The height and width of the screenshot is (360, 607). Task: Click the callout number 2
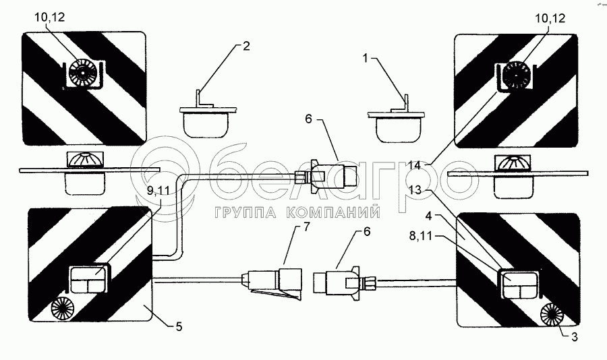[247, 47]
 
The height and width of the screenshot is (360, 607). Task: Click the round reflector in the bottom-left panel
[63, 309]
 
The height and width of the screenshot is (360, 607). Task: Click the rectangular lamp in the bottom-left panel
[88, 279]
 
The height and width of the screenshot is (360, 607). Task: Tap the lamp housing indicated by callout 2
[206, 122]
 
